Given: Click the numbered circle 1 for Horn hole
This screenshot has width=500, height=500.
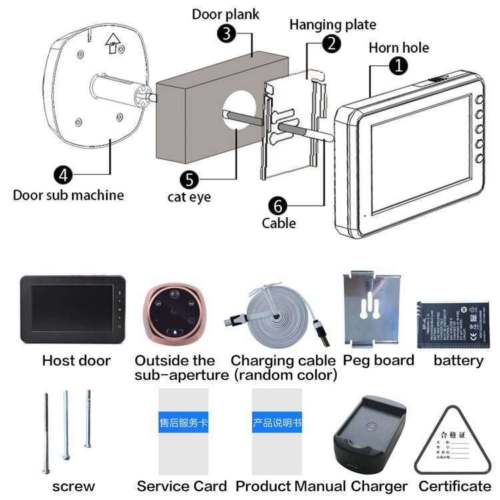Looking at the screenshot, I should click(x=398, y=65).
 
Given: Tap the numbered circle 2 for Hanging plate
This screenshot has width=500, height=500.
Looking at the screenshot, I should click(x=331, y=43).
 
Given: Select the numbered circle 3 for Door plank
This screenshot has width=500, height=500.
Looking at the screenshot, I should click(x=228, y=33).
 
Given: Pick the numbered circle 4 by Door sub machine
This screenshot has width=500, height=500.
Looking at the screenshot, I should click(x=63, y=175).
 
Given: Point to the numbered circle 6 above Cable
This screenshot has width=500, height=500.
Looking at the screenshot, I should click(x=278, y=204).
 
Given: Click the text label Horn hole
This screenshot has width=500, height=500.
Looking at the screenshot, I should click(x=399, y=47).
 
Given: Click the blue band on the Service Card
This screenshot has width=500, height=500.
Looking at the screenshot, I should click(x=183, y=423).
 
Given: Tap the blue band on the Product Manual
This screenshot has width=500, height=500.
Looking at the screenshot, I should click(x=277, y=423).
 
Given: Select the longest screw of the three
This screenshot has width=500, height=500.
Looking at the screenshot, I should click(x=45, y=433).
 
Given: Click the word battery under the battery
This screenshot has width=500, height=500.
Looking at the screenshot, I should click(x=458, y=361).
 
